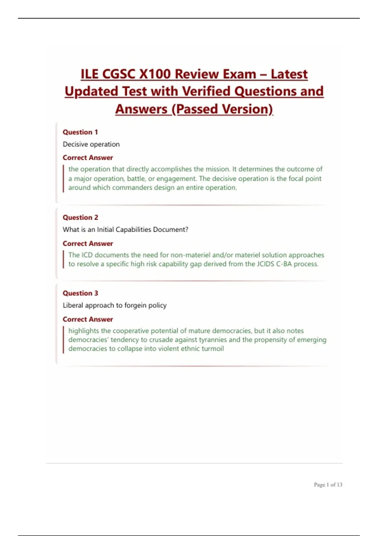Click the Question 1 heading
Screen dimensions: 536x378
(80, 132)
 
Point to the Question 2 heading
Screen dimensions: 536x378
(80, 218)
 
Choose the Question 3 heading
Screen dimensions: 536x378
(80, 293)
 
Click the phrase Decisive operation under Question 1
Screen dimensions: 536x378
(91, 144)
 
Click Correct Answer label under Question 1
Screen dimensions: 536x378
(88, 158)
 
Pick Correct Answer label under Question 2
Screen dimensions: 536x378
(88, 244)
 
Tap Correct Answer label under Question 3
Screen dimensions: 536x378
(88, 319)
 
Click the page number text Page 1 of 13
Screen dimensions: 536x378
(328, 485)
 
